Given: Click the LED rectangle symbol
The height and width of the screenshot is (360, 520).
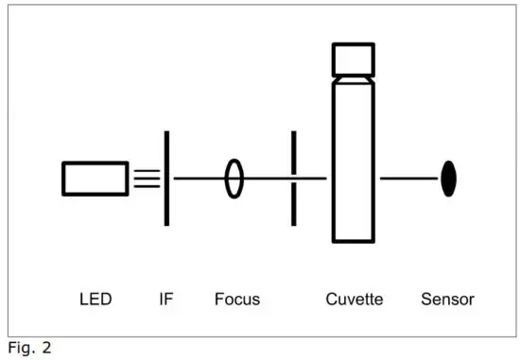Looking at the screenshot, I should tap(95, 178).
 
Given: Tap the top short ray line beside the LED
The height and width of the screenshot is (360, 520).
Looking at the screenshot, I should tap(147, 170).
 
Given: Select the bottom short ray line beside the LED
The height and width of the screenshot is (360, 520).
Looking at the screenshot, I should tap(147, 185).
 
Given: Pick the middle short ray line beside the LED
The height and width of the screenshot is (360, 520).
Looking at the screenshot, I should tap(147, 178).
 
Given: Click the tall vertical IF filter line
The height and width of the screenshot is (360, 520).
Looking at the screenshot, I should tap(167, 178).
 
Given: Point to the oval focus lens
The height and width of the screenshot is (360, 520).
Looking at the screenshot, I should tap(234, 178).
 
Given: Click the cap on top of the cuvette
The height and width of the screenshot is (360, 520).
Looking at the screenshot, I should tap(353, 59).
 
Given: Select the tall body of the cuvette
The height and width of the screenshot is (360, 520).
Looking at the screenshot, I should tap(353, 161).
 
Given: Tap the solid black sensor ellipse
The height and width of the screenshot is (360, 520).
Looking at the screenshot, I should tap(449, 179).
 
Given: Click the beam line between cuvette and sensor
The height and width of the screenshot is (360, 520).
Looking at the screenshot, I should tap(408, 178).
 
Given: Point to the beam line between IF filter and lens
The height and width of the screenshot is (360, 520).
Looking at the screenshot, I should tap(199, 178).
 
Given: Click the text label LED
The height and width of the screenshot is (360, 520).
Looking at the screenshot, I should tap(95, 300).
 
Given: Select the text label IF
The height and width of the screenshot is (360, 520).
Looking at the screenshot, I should tap(166, 300).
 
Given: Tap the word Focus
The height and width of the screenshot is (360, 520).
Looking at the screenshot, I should tap(236, 300).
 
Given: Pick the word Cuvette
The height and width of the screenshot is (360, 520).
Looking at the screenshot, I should tap(355, 300).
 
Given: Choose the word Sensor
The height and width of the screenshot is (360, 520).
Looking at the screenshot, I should tap(447, 300).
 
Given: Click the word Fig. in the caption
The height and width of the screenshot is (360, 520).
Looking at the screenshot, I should tap(20, 348).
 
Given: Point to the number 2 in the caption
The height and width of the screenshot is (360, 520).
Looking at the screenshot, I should tap(45, 348).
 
